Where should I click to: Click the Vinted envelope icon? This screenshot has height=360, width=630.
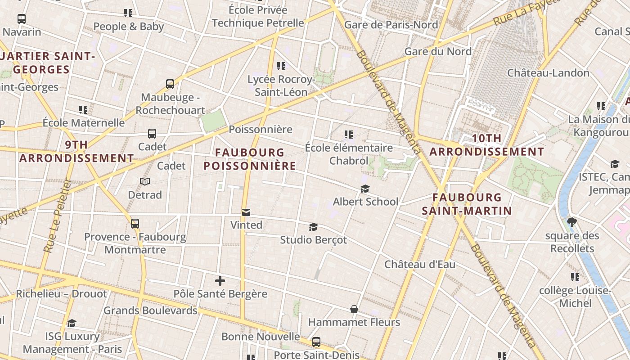tap(246, 212)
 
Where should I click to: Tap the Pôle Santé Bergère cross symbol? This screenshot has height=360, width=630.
tap(220, 281)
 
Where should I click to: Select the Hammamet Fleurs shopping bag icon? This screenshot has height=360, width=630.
tap(354, 309)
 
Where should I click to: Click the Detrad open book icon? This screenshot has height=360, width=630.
tap(145, 181)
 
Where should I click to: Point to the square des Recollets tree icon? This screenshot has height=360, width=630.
tap(572, 222)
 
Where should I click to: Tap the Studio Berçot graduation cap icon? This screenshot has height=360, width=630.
tap(313, 227)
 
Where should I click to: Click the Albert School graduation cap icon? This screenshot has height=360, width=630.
tap(365, 189)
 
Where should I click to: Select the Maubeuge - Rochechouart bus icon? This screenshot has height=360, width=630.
tap(170, 84)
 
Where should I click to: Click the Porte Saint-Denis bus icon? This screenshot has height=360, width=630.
tap(316, 342)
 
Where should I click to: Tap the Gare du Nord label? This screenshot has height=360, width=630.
tap(438, 51)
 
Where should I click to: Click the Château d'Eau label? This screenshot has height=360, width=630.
tap(419, 264)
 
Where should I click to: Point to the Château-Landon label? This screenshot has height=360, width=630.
tap(548, 73)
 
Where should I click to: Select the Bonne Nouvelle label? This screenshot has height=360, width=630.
tap(261, 337)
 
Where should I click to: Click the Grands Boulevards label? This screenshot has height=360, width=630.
tap(150, 310)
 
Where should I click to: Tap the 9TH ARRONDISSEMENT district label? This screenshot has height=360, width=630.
tap(76, 152)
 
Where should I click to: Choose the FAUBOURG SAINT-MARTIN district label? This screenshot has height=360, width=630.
tap(467, 204)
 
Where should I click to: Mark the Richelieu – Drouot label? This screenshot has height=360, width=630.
tap(62, 294)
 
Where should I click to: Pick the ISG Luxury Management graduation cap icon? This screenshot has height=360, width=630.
tap(72, 323)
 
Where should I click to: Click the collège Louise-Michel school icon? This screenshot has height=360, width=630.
tap(575, 277)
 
